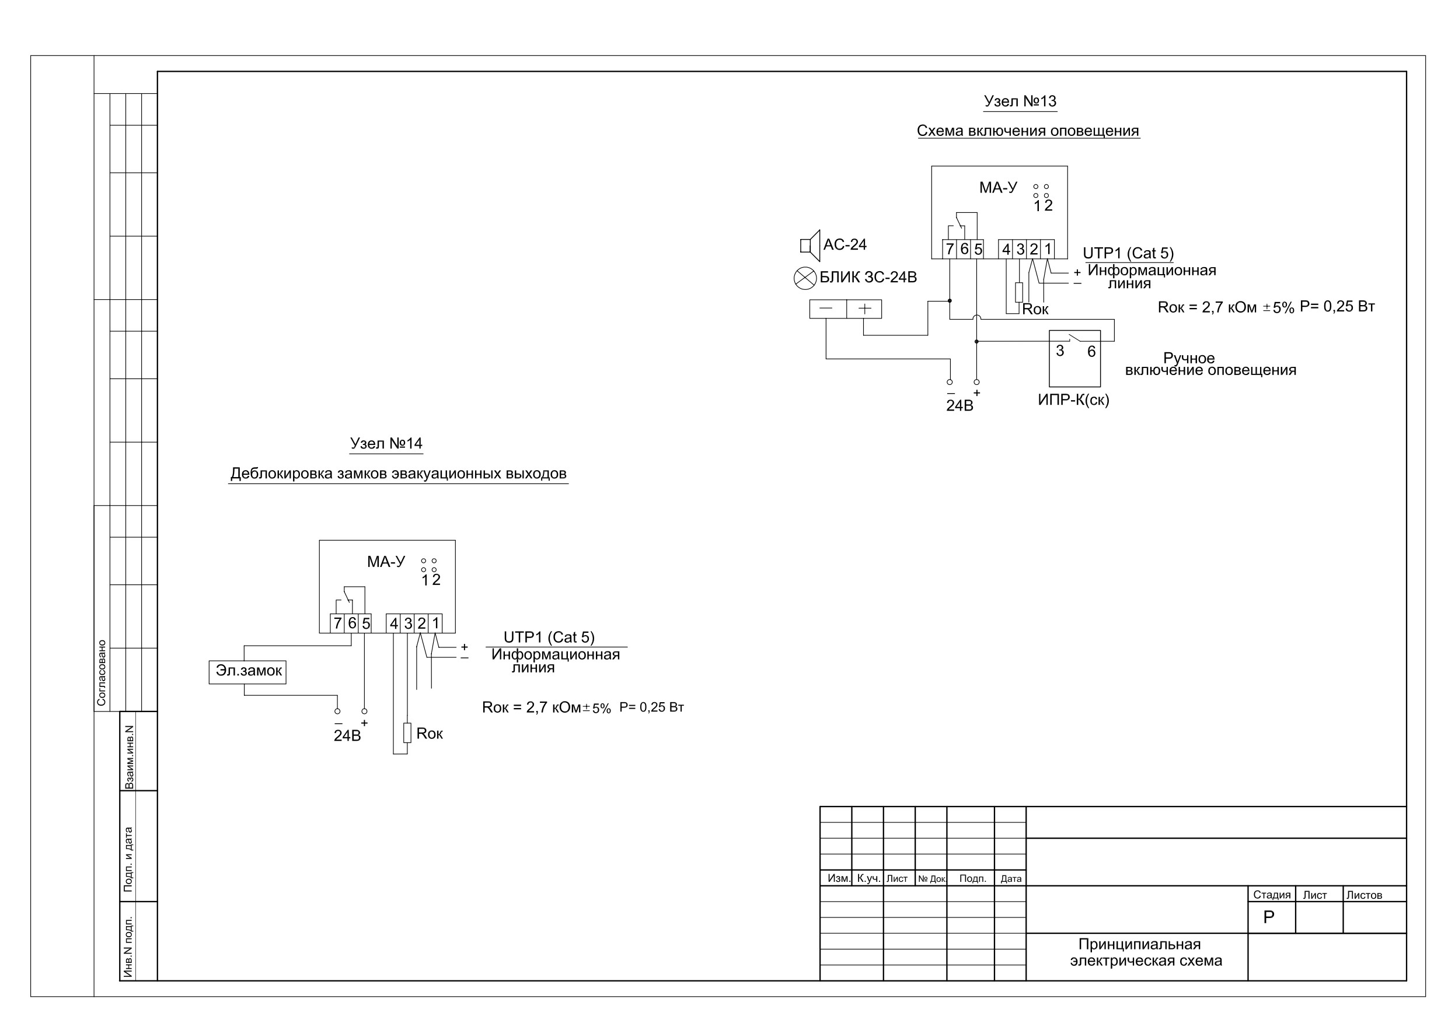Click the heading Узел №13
point(1020,101)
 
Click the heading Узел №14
point(386,444)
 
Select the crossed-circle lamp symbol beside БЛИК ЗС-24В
point(805,278)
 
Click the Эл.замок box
point(248,672)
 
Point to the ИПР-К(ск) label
point(1073,400)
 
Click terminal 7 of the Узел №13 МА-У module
point(950,250)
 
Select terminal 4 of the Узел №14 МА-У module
point(393,624)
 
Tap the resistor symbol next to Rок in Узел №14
point(407,733)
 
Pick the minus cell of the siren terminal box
point(828,309)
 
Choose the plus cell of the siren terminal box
point(864,309)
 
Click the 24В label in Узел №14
point(347,736)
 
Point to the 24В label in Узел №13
point(959,406)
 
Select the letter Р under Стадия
point(1269,918)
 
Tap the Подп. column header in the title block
point(972,879)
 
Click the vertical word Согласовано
point(102,673)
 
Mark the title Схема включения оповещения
point(1028,131)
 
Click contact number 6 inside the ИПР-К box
point(1091,352)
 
